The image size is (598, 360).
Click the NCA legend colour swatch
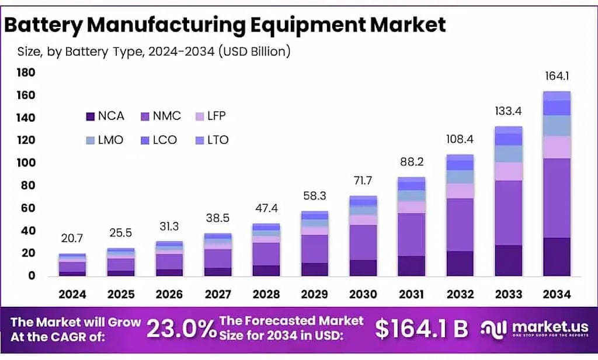(90, 116)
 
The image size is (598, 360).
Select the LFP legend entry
(210, 116)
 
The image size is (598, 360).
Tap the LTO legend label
(218, 140)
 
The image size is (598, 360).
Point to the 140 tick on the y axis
(26, 117)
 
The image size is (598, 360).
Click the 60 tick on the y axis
(28, 208)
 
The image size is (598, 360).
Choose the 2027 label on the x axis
(218, 295)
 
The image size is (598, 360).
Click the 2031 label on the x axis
(412, 295)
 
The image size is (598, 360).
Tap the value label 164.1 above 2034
(557, 76)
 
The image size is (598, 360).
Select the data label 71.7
(363, 180)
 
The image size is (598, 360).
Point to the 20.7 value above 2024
(72, 238)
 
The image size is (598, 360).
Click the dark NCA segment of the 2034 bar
(557, 257)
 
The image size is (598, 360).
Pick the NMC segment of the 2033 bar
(509, 213)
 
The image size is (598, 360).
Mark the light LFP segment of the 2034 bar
(557, 147)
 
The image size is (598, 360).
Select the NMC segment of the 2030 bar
(363, 243)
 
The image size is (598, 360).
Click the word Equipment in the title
(308, 25)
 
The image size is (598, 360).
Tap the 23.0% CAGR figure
(181, 329)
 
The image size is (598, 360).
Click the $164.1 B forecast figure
(422, 328)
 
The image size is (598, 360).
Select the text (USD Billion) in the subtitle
(255, 51)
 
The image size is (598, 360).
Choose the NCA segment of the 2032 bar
(460, 264)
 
